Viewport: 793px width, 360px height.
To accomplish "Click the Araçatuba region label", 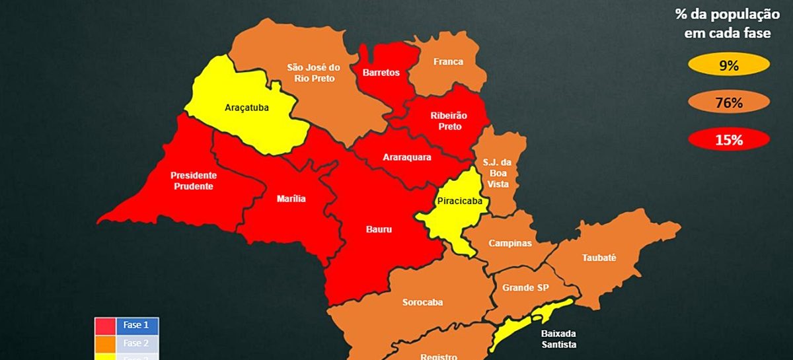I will point(246,107).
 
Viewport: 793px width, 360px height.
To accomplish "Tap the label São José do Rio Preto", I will point(313,73).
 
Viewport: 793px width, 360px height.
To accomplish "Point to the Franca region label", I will point(448,62).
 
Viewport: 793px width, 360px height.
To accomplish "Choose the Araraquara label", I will point(407,157).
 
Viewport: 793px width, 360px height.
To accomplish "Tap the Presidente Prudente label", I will point(193,181).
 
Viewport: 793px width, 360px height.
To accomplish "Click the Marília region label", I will point(291,198).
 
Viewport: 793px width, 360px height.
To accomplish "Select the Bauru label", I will point(379,230).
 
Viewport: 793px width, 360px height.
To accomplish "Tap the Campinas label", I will point(510,243).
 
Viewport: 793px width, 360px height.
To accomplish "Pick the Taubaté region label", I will point(599,258).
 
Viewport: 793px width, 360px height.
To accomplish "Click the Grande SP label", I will point(525,288).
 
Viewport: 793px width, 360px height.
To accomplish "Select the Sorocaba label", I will point(422,303).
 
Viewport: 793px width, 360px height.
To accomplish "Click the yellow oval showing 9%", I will point(728,65).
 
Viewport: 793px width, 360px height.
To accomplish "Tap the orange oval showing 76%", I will point(728,102).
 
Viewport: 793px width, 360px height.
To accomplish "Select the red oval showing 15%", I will point(728,140).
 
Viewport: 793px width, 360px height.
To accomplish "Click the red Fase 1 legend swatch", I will point(105,326).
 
